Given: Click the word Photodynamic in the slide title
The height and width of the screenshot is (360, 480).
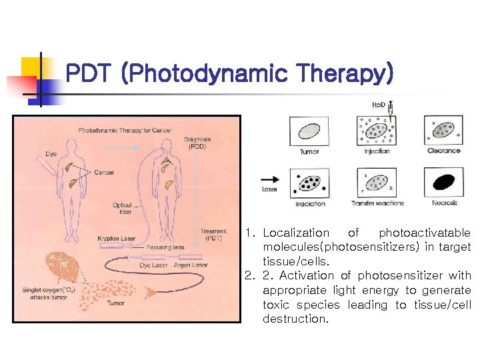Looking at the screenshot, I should pyautogui.click(x=206, y=73).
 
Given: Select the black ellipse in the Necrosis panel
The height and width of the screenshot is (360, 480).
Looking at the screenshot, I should pyautogui.click(x=444, y=181).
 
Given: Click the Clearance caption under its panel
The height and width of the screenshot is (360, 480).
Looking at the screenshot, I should pyautogui.click(x=444, y=151).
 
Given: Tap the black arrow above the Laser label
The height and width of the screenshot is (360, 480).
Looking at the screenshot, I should pyautogui.click(x=269, y=179).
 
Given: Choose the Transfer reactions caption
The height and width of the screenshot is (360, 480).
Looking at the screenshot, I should pyautogui.click(x=377, y=203).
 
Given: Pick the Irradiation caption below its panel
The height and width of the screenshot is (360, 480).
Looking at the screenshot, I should pyautogui.click(x=310, y=203).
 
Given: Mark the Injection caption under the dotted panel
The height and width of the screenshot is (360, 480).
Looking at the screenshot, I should pyautogui.click(x=377, y=151).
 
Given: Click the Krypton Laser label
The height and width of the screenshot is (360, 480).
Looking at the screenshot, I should pyautogui.click(x=118, y=238).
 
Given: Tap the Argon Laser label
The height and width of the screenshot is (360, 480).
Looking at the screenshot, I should pyautogui.click(x=191, y=265).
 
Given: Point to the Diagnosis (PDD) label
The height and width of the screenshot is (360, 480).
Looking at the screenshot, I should pyautogui.click(x=198, y=143).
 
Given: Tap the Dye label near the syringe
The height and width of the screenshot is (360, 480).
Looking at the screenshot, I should pyautogui.click(x=51, y=154).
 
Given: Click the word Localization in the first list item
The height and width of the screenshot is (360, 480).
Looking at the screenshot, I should pyautogui.click(x=296, y=233).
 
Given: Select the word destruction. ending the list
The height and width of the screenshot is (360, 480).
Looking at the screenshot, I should pyautogui.click(x=295, y=319).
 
